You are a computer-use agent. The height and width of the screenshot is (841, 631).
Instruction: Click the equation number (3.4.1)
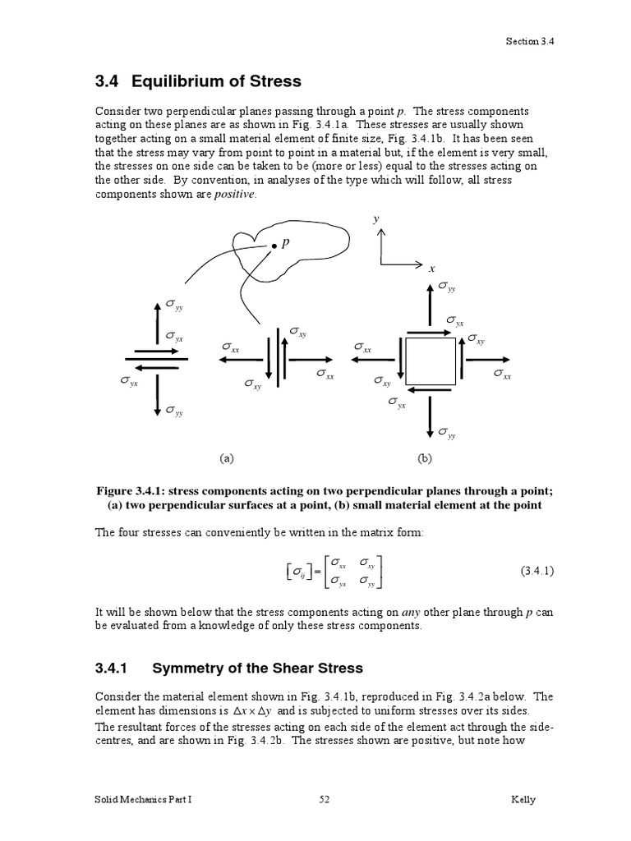pyautogui.click(x=537, y=571)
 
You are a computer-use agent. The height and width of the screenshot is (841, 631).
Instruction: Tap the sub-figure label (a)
pyautogui.click(x=227, y=458)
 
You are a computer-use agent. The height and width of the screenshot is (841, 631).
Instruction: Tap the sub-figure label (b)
pyautogui.click(x=425, y=458)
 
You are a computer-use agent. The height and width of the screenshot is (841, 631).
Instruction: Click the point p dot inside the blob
pyautogui.click(x=274, y=245)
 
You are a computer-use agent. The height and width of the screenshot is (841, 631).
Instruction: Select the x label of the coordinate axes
pyautogui.click(x=431, y=268)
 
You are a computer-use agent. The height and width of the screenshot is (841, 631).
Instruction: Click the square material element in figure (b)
pyautogui.click(x=431, y=358)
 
